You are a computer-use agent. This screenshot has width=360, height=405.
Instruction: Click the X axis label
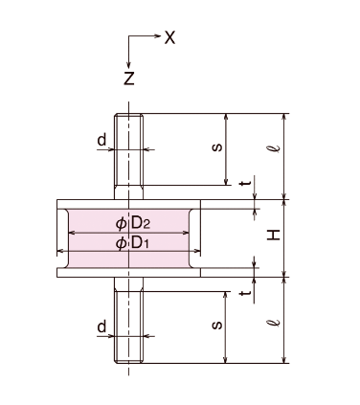click(169, 37)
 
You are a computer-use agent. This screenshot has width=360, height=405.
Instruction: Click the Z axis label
click(129, 79)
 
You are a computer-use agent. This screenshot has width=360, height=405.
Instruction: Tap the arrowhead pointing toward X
click(158, 35)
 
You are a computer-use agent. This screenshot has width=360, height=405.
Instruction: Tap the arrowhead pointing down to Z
click(128, 65)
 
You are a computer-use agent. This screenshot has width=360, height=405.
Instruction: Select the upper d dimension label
click(101, 140)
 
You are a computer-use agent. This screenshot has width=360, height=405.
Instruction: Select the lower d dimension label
click(101, 327)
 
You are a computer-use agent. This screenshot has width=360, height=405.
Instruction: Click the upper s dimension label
click(217, 147)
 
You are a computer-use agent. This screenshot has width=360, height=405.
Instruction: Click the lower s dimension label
click(217, 326)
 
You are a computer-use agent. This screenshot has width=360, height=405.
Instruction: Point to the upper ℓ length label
click(273, 148)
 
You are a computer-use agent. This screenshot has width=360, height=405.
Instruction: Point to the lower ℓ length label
click(273, 322)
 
